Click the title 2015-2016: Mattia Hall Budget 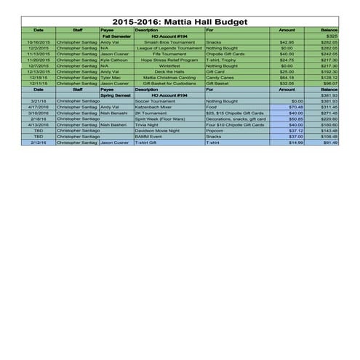pos(180,23)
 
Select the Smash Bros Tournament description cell pos(169,41)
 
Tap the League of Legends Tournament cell pos(169,47)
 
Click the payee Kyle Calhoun pos(115,60)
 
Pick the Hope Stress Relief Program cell pos(169,60)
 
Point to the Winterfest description pos(169,65)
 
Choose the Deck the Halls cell pos(169,71)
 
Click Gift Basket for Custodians pos(169,83)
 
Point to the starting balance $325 pos(331,36)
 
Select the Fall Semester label pos(116,36)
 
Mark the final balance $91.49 pos(330,143)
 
